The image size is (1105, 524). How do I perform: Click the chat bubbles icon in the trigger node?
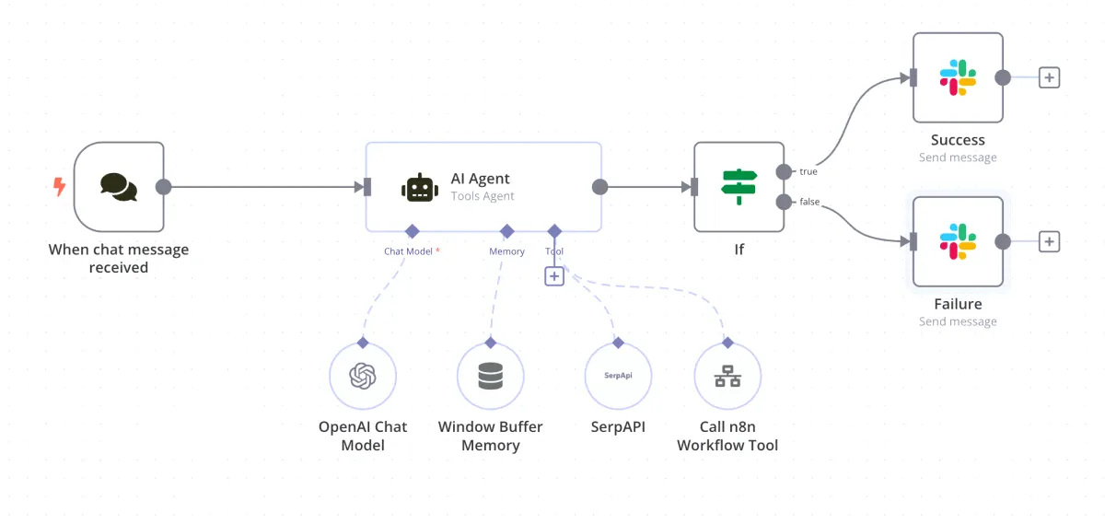tap(119, 187)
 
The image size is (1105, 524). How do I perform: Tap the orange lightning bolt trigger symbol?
tap(59, 187)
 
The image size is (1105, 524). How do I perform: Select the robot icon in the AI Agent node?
tap(419, 187)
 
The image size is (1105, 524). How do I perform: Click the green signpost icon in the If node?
tap(739, 187)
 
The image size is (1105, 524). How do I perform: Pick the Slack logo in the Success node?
tap(958, 78)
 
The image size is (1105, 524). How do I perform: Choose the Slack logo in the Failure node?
tap(958, 242)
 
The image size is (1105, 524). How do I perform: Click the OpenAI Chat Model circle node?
tap(363, 377)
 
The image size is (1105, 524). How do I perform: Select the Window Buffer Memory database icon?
tap(491, 377)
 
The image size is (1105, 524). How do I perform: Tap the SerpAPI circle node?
tap(618, 377)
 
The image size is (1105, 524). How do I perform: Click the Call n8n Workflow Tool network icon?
tap(727, 377)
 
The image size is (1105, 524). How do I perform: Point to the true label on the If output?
tap(808, 172)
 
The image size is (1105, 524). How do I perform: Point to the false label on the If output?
tap(809, 203)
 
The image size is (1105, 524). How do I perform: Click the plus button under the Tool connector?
tap(554, 275)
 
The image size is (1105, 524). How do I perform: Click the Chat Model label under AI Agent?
tap(408, 251)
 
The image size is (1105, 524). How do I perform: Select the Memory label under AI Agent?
tap(506, 251)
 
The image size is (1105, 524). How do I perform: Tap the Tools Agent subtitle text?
tap(483, 196)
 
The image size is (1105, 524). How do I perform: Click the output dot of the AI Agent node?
tap(599, 187)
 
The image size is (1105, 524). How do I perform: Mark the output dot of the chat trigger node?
tap(164, 187)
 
